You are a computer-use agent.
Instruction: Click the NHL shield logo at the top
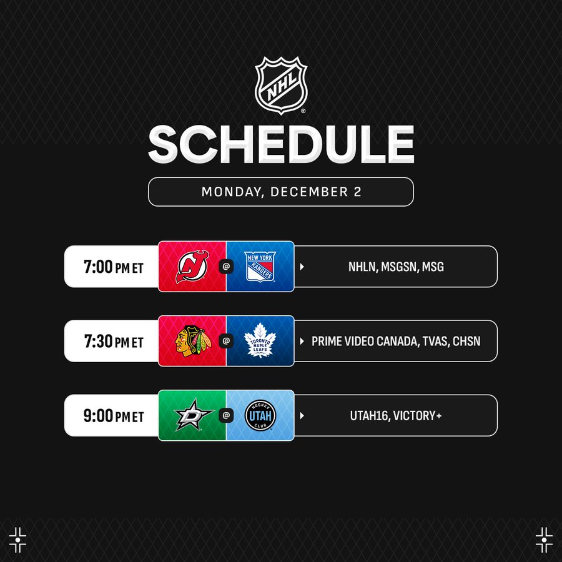pos(281,86)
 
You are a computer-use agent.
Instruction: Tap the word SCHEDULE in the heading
pos(281,144)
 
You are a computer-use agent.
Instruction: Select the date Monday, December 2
pos(281,192)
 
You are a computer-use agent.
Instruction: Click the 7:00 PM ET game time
pos(113,267)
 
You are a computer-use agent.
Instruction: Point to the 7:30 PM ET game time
pos(113,341)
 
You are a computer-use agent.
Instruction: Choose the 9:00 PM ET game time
pos(113,416)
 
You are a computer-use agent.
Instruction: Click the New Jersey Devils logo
pos(192,267)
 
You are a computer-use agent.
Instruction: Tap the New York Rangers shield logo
pos(260,267)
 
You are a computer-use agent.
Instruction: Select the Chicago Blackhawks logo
pos(193,341)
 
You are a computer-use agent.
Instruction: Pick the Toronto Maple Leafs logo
pos(260,340)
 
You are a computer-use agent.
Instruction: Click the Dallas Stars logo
pos(193,415)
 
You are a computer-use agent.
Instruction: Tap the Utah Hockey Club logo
pos(260,415)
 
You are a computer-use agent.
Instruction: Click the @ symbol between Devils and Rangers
pos(226,267)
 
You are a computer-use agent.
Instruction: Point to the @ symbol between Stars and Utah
pos(226,415)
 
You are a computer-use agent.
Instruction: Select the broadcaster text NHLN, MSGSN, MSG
pos(396,267)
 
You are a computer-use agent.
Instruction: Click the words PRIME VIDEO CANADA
pos(365,341)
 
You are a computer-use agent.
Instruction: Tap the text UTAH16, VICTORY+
pos(396,416)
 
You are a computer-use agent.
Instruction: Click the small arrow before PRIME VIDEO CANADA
pos(302,341)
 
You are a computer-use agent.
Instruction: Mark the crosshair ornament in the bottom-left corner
pos(17,540)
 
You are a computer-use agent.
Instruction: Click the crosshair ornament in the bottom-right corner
pos(544,540)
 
